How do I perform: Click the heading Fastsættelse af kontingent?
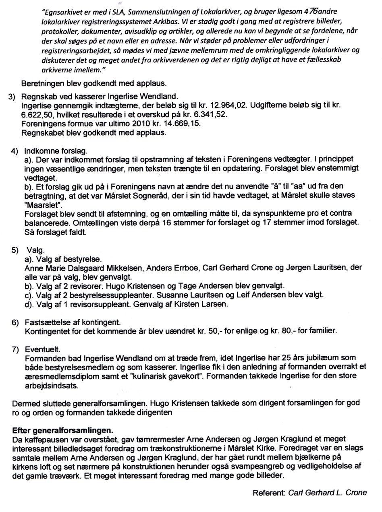73,323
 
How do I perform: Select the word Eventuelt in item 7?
43,349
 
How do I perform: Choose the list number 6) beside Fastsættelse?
15,323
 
